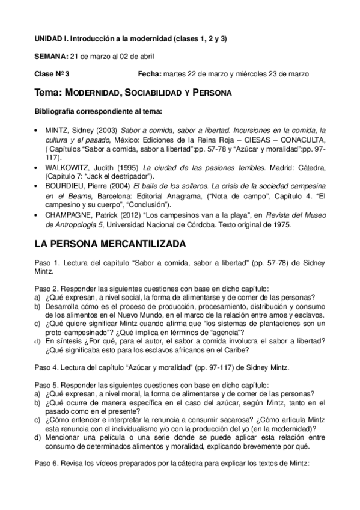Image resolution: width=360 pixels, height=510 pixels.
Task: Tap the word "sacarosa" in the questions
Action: [225, 420]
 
